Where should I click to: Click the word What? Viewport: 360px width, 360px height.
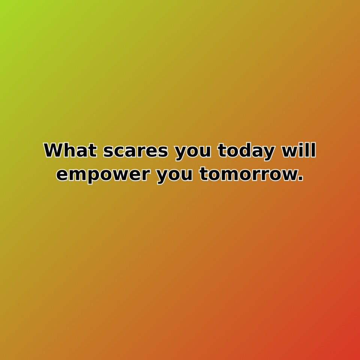coord(71,151)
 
